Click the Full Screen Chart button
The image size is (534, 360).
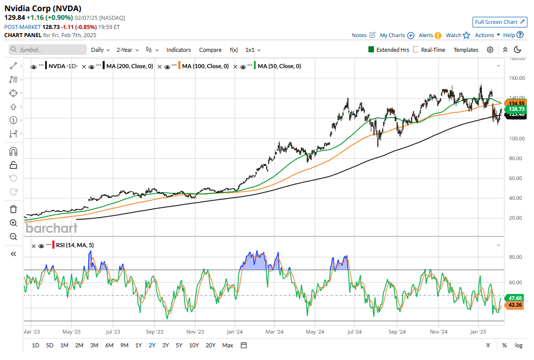[499, 22]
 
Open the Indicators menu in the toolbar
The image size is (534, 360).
[178, 50]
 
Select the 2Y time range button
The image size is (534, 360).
[152, 345]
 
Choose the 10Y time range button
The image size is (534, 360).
[194, 345]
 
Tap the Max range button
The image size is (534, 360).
[228, 345]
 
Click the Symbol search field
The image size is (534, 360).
[48, 50]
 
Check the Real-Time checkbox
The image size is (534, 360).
[416, 50]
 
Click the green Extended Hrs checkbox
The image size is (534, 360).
[371, 50]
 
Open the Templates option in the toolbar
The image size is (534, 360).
[465, 50]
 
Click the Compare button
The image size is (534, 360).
[210, 50]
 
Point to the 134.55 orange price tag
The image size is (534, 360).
[516, 103]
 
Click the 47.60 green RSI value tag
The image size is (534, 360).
[516, 297]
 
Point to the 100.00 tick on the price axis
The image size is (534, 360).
[516, 138]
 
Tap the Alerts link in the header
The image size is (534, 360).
[426, 35]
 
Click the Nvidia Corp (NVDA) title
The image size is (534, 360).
[43, 9]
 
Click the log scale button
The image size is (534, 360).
[518, 345]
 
